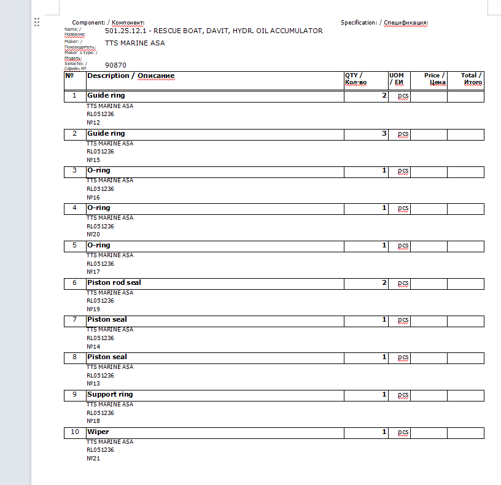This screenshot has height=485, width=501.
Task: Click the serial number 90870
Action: click(x=115, y=64)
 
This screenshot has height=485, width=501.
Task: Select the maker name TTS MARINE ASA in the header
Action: click(x=134, y=43)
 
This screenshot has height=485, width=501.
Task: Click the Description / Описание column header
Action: click(x=130, y=76)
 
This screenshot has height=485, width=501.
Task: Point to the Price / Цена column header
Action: click(x=435, y=79)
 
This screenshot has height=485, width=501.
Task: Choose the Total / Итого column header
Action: click(x=472, y=79)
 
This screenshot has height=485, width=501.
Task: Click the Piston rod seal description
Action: click(x=114, y=282)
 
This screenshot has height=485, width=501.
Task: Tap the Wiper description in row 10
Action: click(x=98, y=432)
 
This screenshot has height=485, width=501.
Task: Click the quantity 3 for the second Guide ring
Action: click(x=384, y=133)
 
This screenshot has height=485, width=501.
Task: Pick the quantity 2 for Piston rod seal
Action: click(x=384, y=282)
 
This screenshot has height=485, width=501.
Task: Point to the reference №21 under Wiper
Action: click(x=93, y=459)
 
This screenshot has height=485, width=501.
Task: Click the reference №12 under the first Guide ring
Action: click(x=93, y=122)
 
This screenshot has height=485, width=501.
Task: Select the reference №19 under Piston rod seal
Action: click(x=93, y=309)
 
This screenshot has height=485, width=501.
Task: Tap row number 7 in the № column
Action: click(x=74, y=320)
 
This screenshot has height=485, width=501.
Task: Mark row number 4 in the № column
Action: click(x=74, y=208)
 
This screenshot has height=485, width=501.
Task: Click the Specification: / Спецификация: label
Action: click(x=384, y=23)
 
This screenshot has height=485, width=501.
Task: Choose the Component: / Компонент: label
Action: click(x=108, y=23)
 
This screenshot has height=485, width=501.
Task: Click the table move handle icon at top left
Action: click(x=37, y=22)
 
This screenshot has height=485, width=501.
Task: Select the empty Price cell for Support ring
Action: click(x=429, y=395)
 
